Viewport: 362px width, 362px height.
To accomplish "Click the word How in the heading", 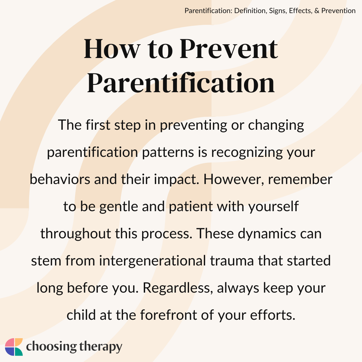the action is point(112,49).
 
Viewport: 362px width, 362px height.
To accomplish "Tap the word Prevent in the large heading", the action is point(229,49).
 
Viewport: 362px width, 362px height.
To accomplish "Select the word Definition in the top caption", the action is point(250,11).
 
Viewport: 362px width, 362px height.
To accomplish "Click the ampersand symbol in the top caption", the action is point(316,11).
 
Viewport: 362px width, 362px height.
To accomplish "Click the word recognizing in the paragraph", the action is point(247,153).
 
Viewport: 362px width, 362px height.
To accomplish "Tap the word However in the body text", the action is point(234,179).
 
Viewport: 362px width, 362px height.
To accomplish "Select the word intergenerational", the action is point(153,261).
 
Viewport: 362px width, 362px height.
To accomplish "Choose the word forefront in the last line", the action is point(168,315).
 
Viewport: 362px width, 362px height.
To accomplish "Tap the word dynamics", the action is point(267,234).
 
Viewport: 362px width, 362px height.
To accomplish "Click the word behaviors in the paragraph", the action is point(60,179).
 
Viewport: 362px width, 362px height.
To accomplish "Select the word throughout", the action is point(76,234).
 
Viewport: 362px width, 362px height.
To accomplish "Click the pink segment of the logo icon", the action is point(9,343).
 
